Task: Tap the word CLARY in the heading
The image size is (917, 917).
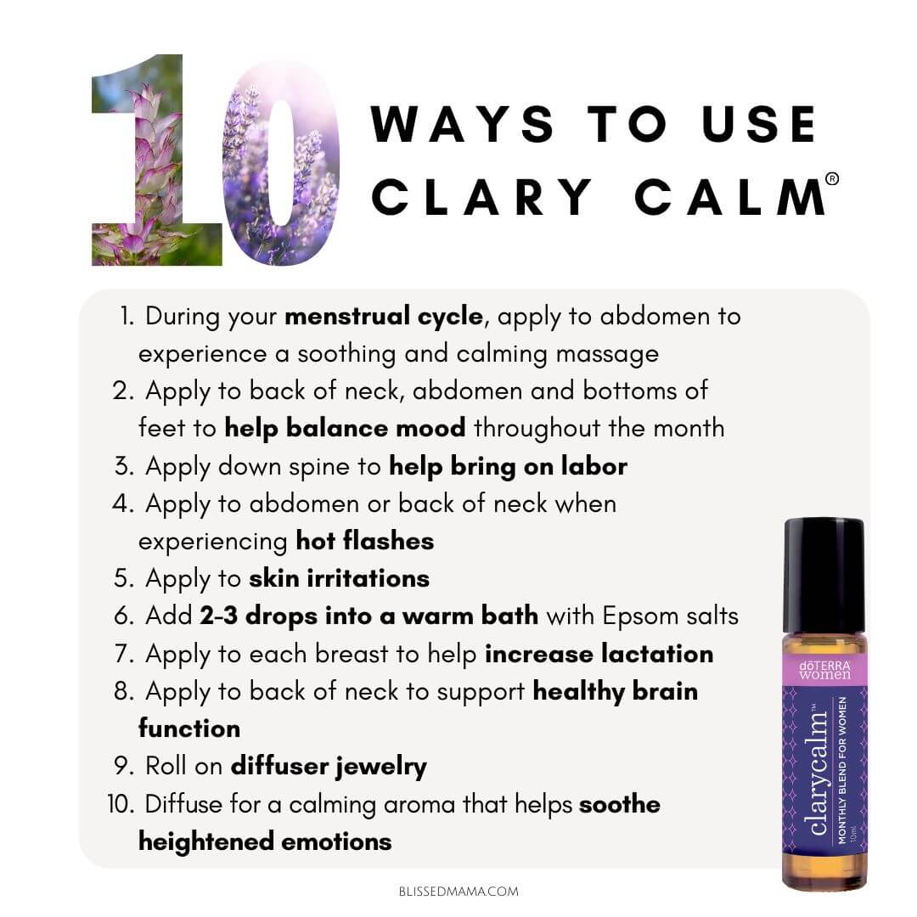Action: [482, 196]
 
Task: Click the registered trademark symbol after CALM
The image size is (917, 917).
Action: [831, 179]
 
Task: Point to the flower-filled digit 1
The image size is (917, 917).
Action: [157, 160]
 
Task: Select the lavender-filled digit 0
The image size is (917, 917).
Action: [281, 162]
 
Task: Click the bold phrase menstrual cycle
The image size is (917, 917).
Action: [385, 317]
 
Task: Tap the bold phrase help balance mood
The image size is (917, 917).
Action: [345, 428]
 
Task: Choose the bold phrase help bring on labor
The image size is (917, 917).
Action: [509, 466]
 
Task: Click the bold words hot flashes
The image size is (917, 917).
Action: [365, 541]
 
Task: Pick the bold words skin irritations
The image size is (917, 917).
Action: [339, 578]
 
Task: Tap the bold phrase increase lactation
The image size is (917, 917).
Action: [599, 654]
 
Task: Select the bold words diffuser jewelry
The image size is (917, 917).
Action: [329, 767]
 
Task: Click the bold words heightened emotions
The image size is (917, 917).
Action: [265, 842]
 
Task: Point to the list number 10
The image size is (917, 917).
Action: [121, 804]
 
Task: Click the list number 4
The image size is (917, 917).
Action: [122, 504]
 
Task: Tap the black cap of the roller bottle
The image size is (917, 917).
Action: [824, 576]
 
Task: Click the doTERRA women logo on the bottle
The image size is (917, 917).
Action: [824, 670]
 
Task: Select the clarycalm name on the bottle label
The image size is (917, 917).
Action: [819, 771]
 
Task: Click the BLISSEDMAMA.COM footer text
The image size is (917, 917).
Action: [458, 892]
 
